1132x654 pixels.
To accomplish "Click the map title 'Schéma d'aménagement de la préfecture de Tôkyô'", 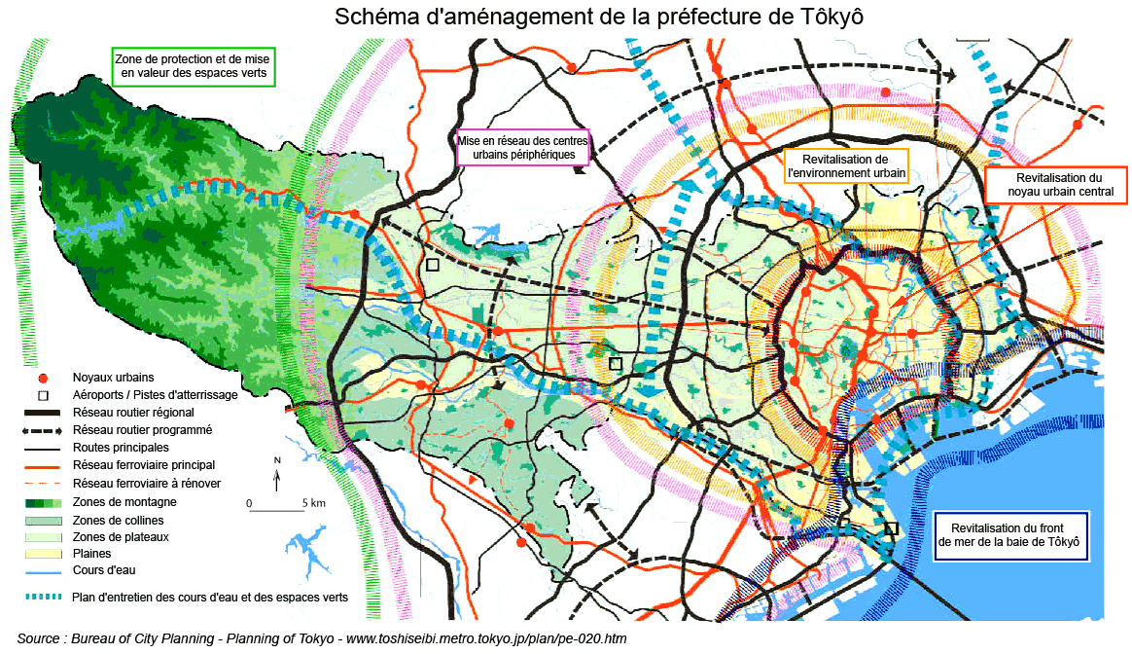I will (x=599, y=18).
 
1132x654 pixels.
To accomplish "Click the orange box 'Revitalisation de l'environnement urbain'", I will (x=846, y=166).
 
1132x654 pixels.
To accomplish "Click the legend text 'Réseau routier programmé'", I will (x=143, y=429).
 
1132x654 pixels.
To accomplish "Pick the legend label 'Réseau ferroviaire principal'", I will (x=144, y=465).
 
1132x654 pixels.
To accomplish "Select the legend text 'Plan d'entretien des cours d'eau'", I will (x=210, y=597).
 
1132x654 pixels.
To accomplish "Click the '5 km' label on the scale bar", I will (x=313, y=503).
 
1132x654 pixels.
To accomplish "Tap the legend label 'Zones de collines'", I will (x=119, y=519).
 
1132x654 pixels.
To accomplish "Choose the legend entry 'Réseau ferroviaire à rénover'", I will (x=147, y=483).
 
